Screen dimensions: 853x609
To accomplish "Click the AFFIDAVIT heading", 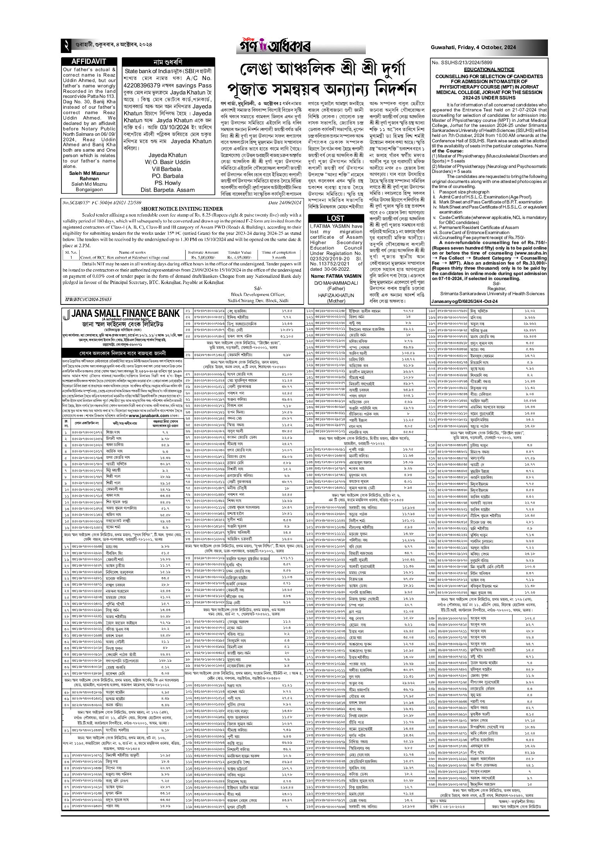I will tap(89, 62).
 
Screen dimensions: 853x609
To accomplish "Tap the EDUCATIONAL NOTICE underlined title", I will tap(490, 69).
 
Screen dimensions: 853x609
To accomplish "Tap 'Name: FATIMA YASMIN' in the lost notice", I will tap(335, 276).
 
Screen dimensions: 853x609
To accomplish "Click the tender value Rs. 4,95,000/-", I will tap(239, 257).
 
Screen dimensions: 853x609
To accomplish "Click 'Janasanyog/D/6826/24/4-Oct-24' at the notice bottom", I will tap(464, 301).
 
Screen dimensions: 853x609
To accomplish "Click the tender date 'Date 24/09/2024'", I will tap(285, 202).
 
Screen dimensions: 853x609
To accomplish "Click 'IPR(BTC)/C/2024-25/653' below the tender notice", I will tap(89, 299).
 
